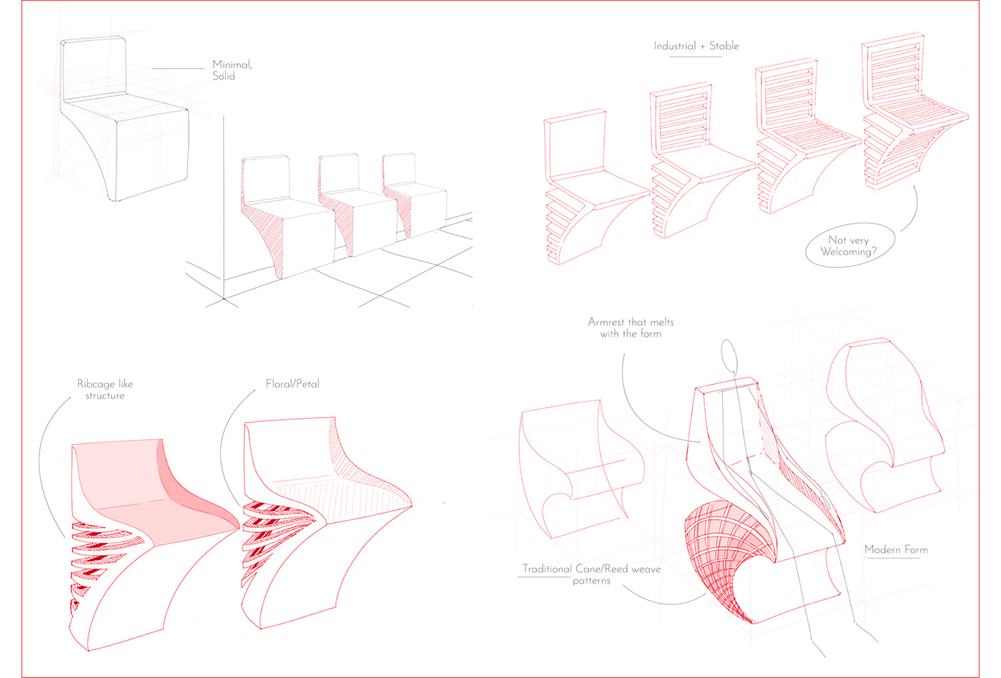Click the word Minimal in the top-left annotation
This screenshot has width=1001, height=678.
pos(232,64)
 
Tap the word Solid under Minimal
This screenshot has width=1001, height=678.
pos(224,76)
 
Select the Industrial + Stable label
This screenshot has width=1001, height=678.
pos(696,46)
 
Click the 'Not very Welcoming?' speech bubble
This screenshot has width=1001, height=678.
pos(849,246)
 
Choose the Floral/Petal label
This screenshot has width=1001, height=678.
pos(292,384)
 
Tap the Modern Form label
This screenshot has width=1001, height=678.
pos(896,550)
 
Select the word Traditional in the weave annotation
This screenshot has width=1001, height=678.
pos(547,569)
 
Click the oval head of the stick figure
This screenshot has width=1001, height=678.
pos(728,356)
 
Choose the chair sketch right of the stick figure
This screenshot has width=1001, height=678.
pos(883,429)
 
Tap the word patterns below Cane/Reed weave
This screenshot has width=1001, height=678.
pos(591,581)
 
